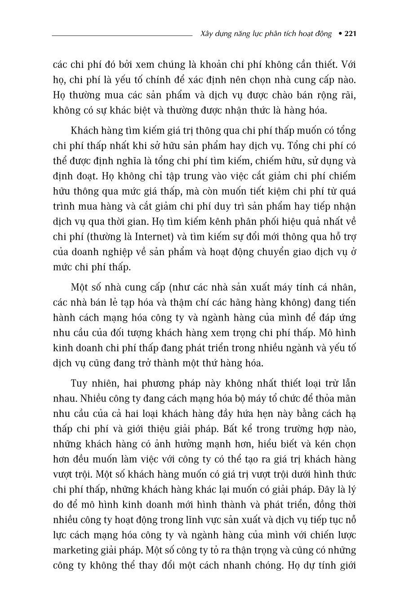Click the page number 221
[350, 34]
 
